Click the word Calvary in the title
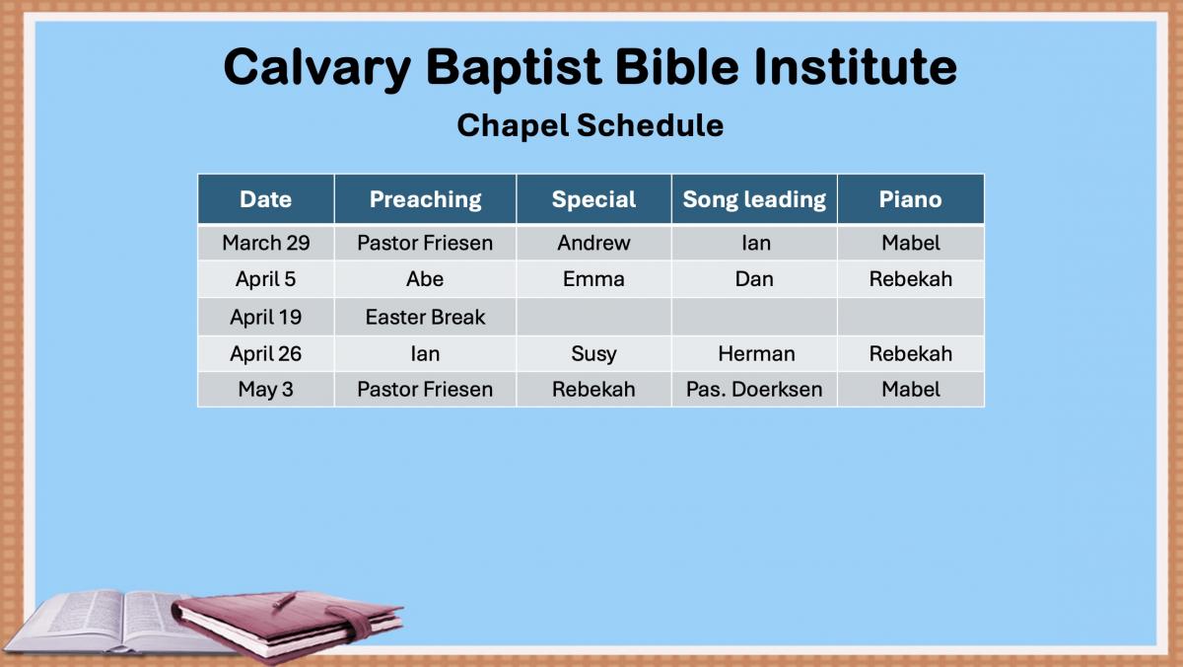[x=316, y=68]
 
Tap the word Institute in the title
[x=856, y=66]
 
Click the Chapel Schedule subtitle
[x=590, y=125]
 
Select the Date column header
[x=265, y=199]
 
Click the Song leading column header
[x=754, y=199]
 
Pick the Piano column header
[x=911, y=199]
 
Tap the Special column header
[x=593, y=199]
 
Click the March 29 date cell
[x=265, y=243]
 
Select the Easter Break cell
[x=425, y=317]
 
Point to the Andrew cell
[x=593, y=243]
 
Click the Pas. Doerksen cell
[x=754, y=390]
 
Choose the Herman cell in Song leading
[x=756, y=353]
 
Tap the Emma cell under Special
[x=593, y=279]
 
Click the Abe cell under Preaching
[x=425, y=279]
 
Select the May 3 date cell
[x=265, y=390]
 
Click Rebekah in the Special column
[x=593, y=390]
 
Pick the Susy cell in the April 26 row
[x=593, y=354]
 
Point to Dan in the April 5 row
[x=754, y=279]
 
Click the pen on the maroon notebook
[x=284, y=600]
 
